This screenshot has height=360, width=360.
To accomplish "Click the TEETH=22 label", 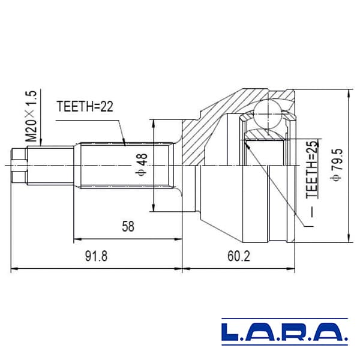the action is (x=85, y=106).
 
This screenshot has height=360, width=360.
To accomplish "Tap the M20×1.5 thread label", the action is (x=31, y=116).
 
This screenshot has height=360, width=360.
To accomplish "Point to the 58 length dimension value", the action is (x=128, y=226).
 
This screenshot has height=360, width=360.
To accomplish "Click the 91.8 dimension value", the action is (x=96, y=256).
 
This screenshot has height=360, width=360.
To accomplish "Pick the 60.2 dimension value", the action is (x=239, y=256).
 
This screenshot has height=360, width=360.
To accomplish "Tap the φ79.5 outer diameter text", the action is (x=337, y=165).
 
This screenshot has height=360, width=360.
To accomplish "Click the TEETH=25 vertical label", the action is (x=312, y=169).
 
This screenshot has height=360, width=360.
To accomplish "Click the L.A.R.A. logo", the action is (x=284, y=332).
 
